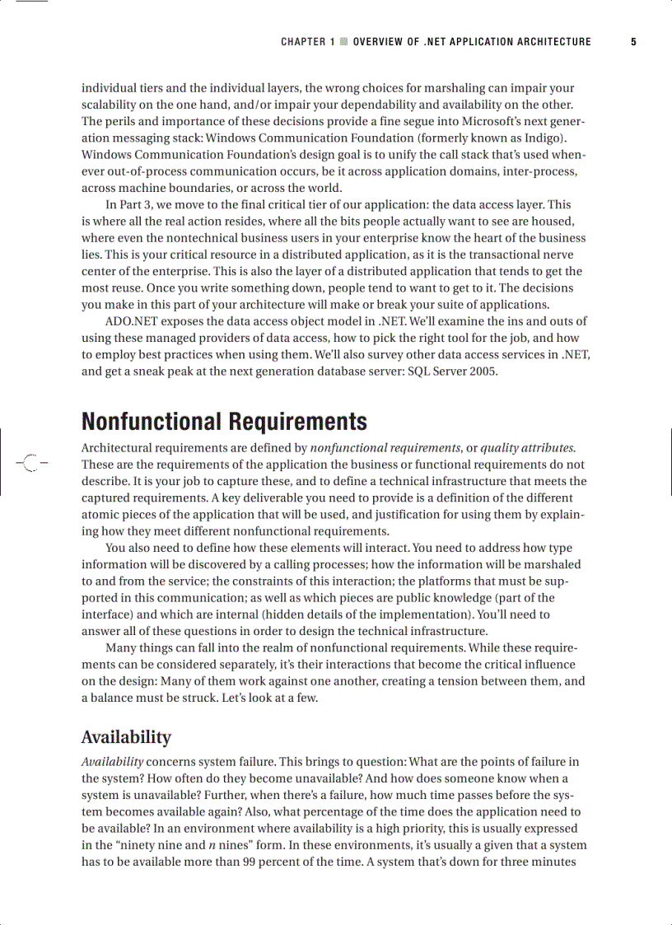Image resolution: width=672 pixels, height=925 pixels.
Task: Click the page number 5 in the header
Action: pyautogui.click(x=633, y=42)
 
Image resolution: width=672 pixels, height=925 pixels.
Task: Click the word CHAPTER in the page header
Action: pyautogui.click(x=303, y=42)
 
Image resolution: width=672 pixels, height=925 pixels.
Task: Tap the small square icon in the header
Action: pyautogui.click(x=343, y=42)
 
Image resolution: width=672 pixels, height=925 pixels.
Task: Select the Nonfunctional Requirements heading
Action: pyautogui.click(x=224, y=422)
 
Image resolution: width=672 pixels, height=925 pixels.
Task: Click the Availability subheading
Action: pyautogui.click(x=126, y=736)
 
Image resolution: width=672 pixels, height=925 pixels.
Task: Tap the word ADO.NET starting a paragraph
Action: pyautogui.click(x=128, y=321)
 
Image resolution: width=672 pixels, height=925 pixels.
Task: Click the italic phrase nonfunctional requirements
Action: pyautogui.click(x=385, y=448)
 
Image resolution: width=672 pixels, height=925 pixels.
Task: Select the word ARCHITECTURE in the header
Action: pyautogui.click(x=554, y=42)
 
